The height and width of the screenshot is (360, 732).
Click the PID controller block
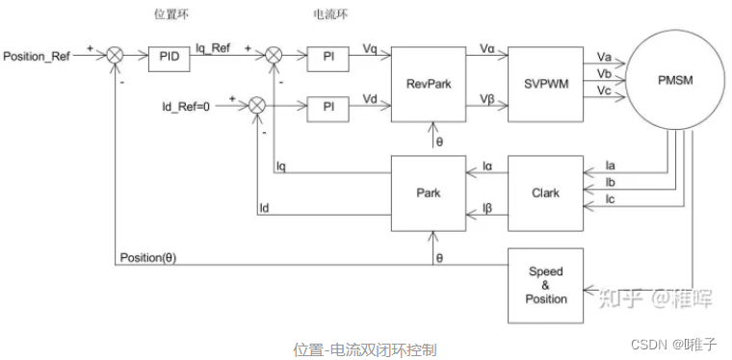click(x=169, y=60)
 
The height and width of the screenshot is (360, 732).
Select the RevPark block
click(x=429, y=85)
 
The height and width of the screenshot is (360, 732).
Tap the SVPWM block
click(x=545, y=85)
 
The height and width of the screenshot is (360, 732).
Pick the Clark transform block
click(x=545, y=193)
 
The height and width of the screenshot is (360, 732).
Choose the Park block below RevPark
click(x=429, y=193)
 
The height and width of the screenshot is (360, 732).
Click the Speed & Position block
click(x=545, y=285)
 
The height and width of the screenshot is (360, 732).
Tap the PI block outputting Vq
click(x=327, y=60)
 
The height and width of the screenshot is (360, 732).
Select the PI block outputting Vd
click(x=327, y=109)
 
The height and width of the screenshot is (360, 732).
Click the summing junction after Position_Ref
click(x=115, y=56)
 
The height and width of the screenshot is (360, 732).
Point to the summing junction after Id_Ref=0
click(x=256, y=105)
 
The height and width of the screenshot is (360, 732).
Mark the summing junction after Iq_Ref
click(x=274, y=56)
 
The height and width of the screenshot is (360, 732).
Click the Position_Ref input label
click(x=37, y=57)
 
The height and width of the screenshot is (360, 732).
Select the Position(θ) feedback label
click(x=148, y=258)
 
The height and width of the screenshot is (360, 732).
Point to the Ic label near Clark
click(x=610, y=199)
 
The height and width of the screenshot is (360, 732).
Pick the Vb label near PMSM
click(x=604, y=73)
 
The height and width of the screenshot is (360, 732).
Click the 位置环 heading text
click(x=171, y=15)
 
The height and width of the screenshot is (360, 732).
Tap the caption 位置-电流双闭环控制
click(x=365, y=349)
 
